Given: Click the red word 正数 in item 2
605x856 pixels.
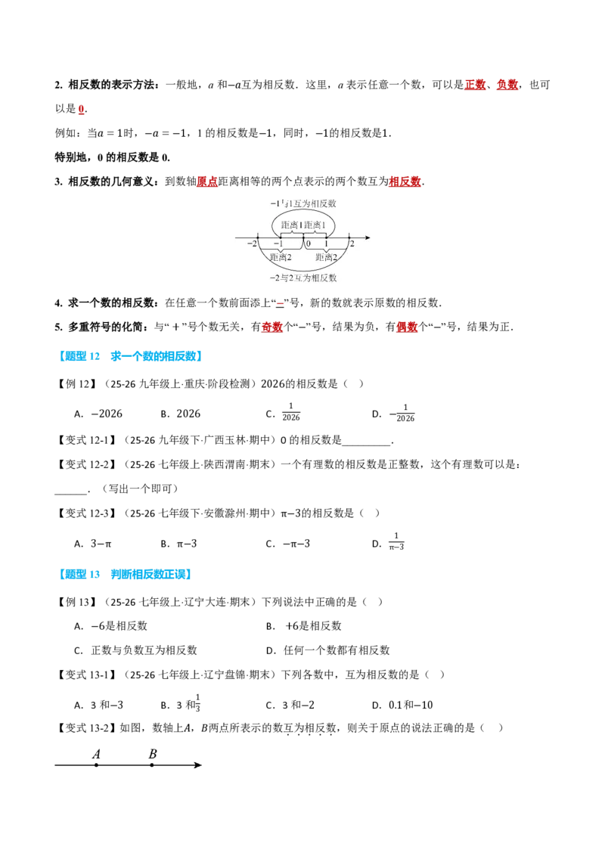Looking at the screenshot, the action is [x=475, y=85].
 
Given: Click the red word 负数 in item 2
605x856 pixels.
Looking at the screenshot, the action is [x=507, y=85].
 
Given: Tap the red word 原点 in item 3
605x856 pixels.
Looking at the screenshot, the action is [x=207, y=181].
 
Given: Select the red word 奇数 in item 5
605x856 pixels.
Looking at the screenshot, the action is [x=272, y=327].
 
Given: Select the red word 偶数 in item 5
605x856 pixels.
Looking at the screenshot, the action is [x=407, y=327].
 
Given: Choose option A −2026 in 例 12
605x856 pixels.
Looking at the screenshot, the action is [x=98, y=414].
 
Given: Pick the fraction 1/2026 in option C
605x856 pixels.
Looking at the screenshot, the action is [x=291, y=412].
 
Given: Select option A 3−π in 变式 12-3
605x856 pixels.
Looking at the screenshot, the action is [x=93, y=544].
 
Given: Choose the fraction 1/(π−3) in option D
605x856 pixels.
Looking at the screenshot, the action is [x=396, y=541].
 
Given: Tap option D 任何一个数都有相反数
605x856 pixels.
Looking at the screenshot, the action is [x=327, y=650].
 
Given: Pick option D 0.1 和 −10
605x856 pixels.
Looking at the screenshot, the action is [x=402, y=706].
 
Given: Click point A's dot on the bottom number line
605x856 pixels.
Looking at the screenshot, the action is [x=97, y=765].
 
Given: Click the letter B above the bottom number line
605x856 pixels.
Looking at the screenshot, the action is [x=153, y=754].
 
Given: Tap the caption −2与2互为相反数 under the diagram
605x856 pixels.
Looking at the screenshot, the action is [x=303, y=278].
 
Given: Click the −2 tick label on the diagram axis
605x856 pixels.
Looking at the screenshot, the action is [x=252, y=243].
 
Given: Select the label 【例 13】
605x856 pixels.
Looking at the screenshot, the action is [x=76, y=602].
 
